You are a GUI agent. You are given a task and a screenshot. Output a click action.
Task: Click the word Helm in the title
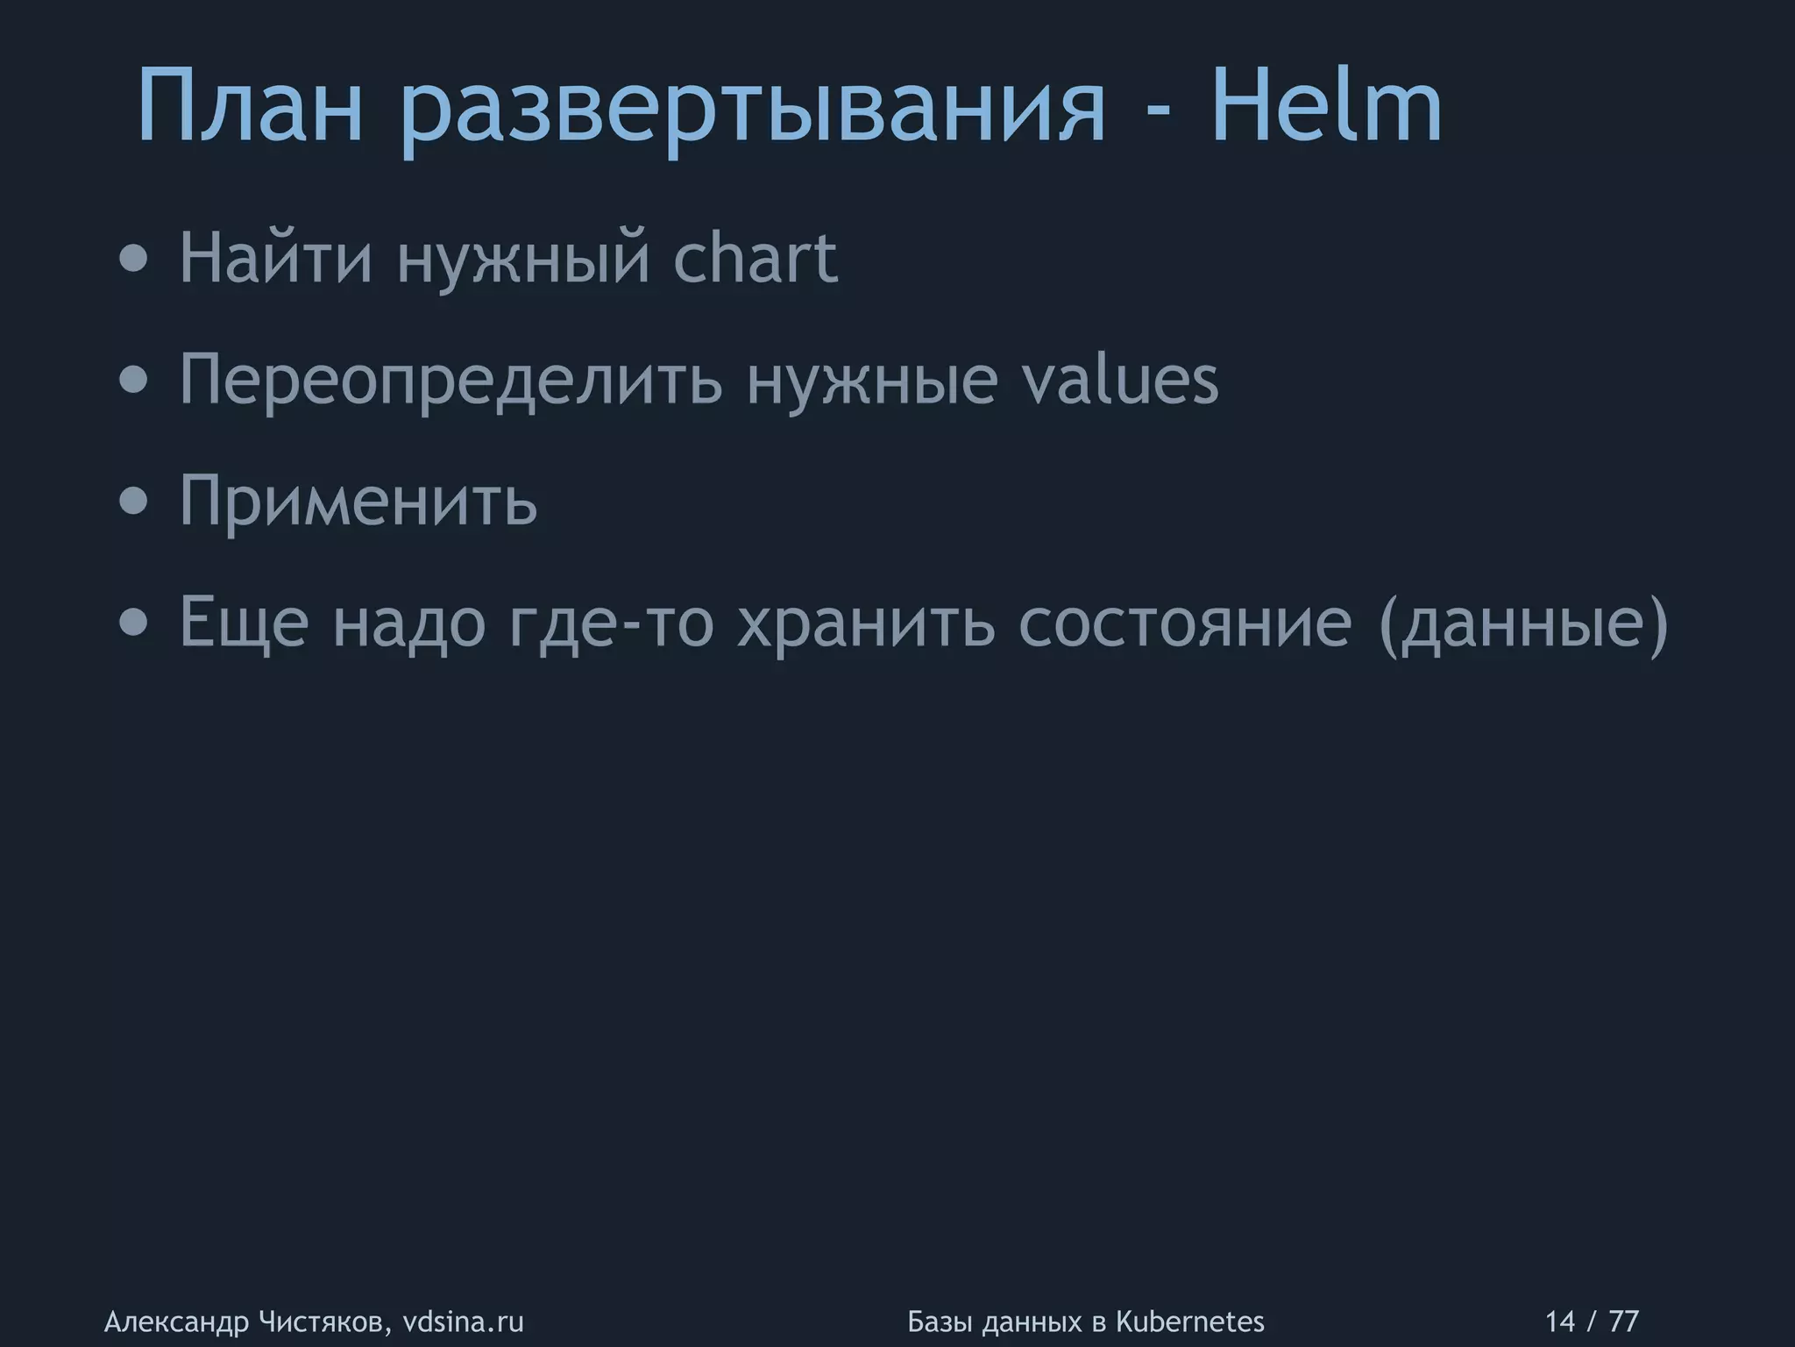[x=1325, y=107]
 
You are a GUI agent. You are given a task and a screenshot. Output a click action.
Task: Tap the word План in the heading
[x=250, y=107]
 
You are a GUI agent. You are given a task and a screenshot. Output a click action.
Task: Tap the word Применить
[x=358, y=500]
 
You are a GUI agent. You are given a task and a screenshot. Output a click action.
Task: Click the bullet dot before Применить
[x=134, y=502]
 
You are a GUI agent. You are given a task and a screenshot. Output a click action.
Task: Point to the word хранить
[x=866, y=624]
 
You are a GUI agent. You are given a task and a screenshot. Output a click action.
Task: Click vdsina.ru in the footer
[x=463, y=1322]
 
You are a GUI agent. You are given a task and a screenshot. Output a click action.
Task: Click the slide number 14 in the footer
[x=1559, y=1322]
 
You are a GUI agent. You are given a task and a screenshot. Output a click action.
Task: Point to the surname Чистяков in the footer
[x=323, y=1322]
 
